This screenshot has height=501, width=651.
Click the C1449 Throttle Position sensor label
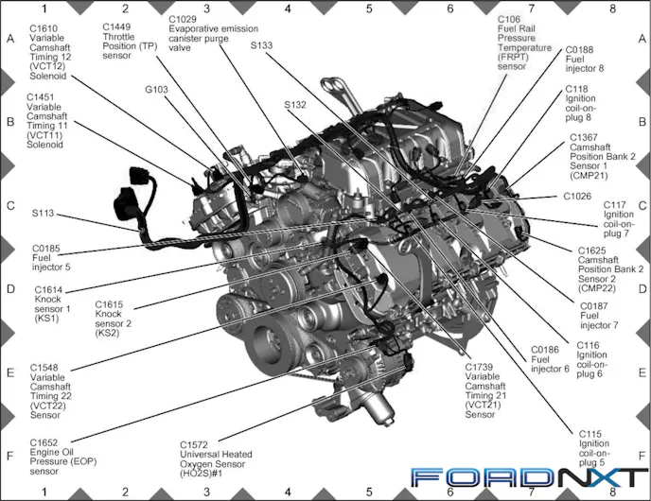130,41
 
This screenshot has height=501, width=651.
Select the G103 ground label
156,90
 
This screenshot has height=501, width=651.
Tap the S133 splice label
261,45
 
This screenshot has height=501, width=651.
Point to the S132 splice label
295,105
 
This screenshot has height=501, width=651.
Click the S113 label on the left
44,214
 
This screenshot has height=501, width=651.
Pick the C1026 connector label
577,197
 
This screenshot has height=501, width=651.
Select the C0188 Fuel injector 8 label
585,60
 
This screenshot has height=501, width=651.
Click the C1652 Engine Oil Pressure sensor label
63,457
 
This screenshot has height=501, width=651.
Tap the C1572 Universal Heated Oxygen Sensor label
216,458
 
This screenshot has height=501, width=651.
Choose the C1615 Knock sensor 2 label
113,319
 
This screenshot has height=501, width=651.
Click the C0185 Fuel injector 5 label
51,257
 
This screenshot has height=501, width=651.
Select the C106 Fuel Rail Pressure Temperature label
524,43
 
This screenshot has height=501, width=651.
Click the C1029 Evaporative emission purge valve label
214,33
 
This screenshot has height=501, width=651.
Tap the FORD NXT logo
529,477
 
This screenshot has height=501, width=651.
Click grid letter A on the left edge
10,39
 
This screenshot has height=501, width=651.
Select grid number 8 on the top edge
612,9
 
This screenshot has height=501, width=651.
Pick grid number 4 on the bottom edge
288,492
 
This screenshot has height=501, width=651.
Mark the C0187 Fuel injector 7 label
599,316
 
